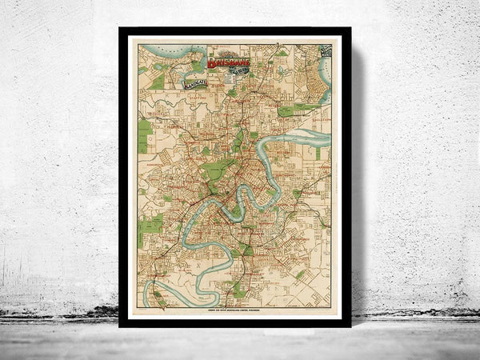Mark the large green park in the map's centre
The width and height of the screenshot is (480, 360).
[x=214, y=169]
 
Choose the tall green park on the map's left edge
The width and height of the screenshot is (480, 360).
[x=144, y=135]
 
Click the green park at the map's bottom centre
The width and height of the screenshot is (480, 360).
[x=238, y=290]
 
